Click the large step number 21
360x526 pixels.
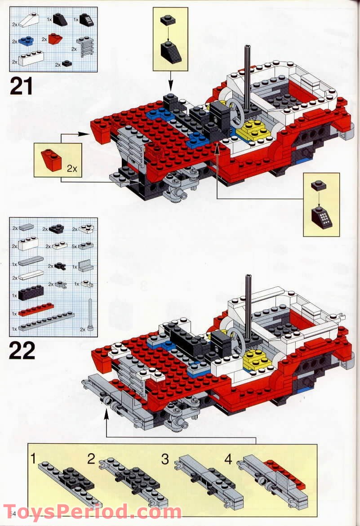tap(21, 85)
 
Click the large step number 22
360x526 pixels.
tap(22, 350)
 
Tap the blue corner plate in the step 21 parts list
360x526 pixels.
tap(26, 40)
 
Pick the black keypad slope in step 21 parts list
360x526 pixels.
tap(87, 20)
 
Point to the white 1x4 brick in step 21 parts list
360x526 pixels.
tap(31, 58)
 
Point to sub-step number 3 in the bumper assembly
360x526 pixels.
tap(165, 459)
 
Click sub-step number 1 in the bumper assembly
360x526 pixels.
tap(33, 459)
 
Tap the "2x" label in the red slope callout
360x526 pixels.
tap(71, 169)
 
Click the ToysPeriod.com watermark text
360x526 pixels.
tap(93, 512)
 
